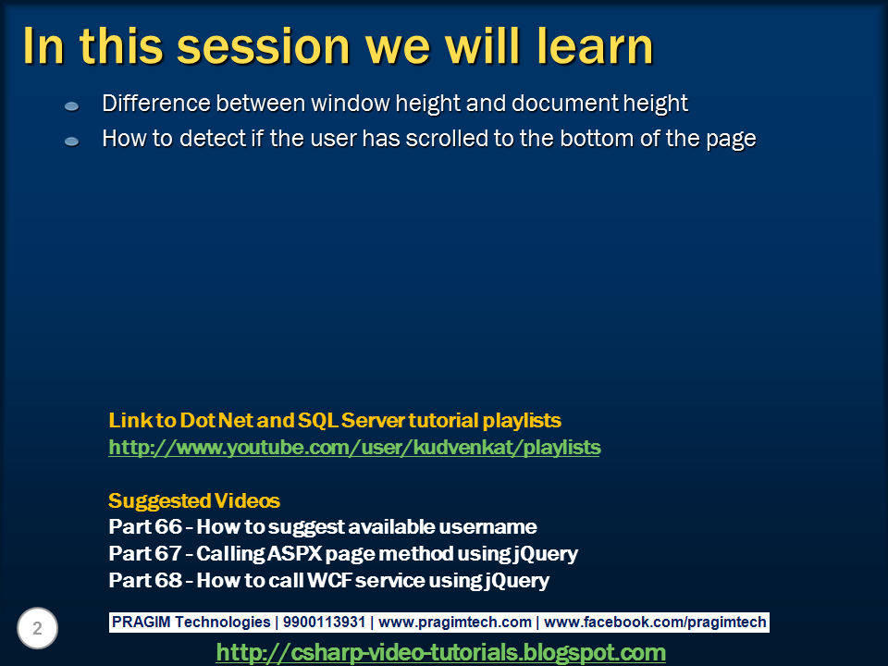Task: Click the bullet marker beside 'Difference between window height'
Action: [72, 106]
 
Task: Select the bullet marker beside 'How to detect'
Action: [72, 142]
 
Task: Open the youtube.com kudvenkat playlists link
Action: [354, 448]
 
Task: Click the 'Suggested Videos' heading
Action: [193, 501]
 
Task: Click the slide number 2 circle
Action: [37, 629]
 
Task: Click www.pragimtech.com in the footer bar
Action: [455, 623]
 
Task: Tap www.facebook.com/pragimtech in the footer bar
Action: [655, 623]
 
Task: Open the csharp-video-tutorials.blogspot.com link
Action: [440, 652]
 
